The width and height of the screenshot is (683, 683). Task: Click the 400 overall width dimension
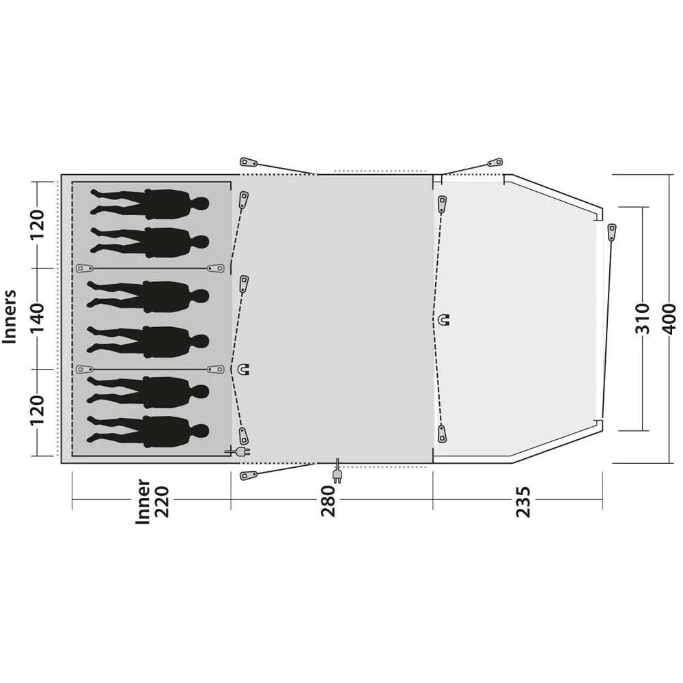point(669,319)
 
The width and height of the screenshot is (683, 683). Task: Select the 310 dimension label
point(642,319)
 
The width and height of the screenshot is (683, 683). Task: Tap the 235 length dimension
point(524,501)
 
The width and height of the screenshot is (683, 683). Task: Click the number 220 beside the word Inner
point(162,501)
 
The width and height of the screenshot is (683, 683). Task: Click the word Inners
point(9,317)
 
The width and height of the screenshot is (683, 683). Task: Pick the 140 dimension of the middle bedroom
point(37,318)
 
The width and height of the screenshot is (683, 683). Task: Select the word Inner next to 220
point(143,501)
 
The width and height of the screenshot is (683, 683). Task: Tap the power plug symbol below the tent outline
point(337,472)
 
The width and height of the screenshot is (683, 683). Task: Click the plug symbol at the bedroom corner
point(238,451)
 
